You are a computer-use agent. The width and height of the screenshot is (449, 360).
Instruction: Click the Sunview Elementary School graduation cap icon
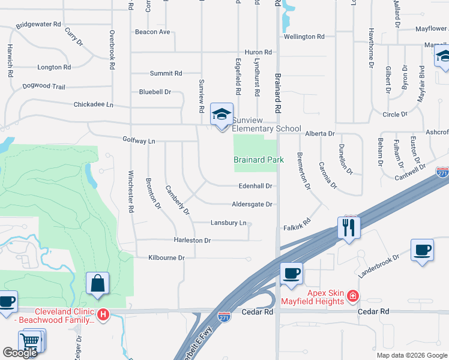221,114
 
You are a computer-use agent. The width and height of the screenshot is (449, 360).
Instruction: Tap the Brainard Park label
259,160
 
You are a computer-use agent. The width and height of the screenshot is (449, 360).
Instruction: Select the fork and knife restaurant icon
348,227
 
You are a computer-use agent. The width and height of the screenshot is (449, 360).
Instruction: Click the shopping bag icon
97,284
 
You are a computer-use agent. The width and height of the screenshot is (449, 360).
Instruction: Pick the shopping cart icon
29,342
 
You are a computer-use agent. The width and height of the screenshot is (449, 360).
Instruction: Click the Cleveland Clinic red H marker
103,314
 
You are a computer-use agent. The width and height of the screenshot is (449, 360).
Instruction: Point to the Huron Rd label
258,53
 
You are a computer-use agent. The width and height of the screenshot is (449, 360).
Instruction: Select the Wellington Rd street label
304,37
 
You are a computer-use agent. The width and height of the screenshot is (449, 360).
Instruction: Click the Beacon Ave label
152,32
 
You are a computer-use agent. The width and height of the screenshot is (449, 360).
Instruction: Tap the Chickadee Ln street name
93,104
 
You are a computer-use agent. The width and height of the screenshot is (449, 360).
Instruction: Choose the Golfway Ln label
139,141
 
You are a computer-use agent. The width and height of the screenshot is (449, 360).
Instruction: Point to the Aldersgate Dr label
252,204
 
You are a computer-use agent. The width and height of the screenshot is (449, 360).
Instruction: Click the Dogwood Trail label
44,86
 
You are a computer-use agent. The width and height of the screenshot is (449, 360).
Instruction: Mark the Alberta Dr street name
319,134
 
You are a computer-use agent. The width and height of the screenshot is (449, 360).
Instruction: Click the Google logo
20,353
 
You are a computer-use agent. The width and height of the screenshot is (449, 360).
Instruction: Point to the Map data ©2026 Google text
411,355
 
